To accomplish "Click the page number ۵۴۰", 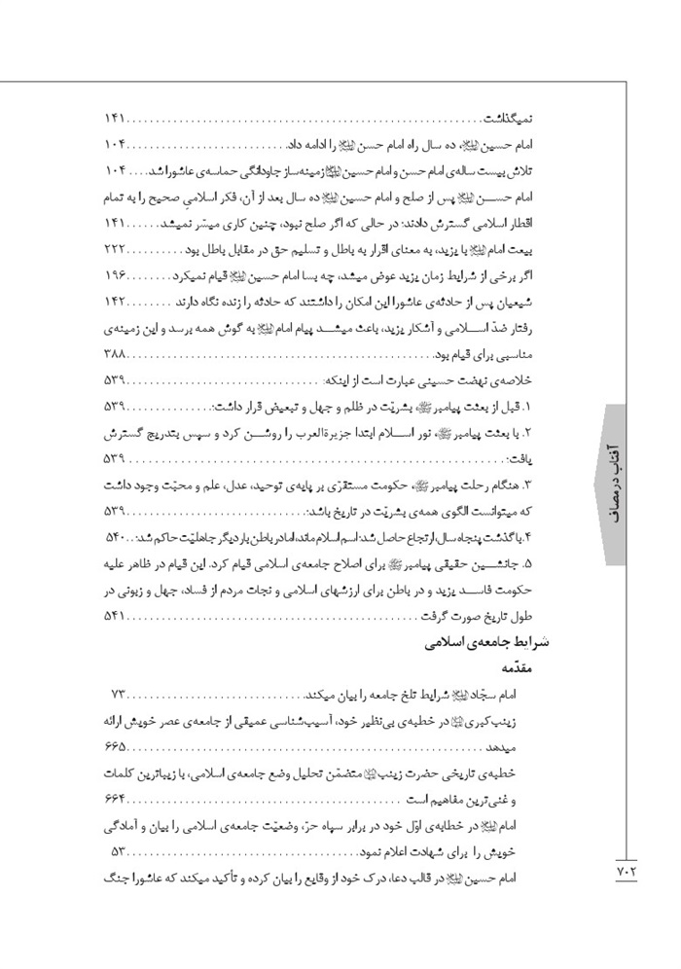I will pyautogui.click(x=118, y=536).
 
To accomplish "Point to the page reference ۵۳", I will pyautogui.click(x=119, y=850).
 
